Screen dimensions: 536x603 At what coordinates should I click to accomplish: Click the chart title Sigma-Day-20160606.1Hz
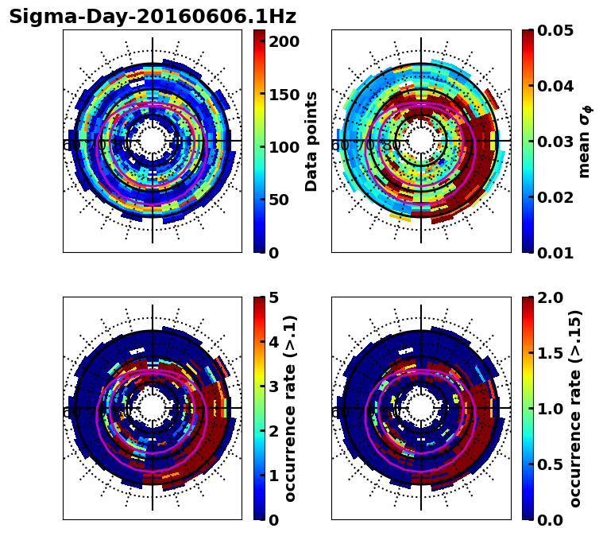pyautogui.click(x=153, y=17)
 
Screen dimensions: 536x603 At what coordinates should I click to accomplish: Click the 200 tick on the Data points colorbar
pyautogui.click(x=283, y=41)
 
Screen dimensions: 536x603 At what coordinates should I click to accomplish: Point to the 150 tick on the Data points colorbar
pyautogui.click(x=283, y=95)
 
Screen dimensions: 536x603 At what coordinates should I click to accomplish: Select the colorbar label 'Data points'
pyautogui.click(x=311, y=142)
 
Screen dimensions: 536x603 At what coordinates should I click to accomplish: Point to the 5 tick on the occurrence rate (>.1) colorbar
pyautogui.click(x=274, y=297)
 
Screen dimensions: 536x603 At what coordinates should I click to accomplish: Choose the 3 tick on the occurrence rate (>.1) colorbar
pyautogui.click(x=274, y=386)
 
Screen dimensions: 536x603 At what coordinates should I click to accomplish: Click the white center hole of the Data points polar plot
pyautogui.click(x=153, y=141)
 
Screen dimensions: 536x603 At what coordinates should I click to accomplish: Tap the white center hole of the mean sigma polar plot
pyautogui.click(x=421, y=141)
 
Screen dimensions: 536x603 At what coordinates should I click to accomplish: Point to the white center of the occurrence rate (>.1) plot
pyautogui.click(x=153, y=408)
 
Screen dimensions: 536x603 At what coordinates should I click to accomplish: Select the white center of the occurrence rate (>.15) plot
pyautogui.click(x=421, y=408)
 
